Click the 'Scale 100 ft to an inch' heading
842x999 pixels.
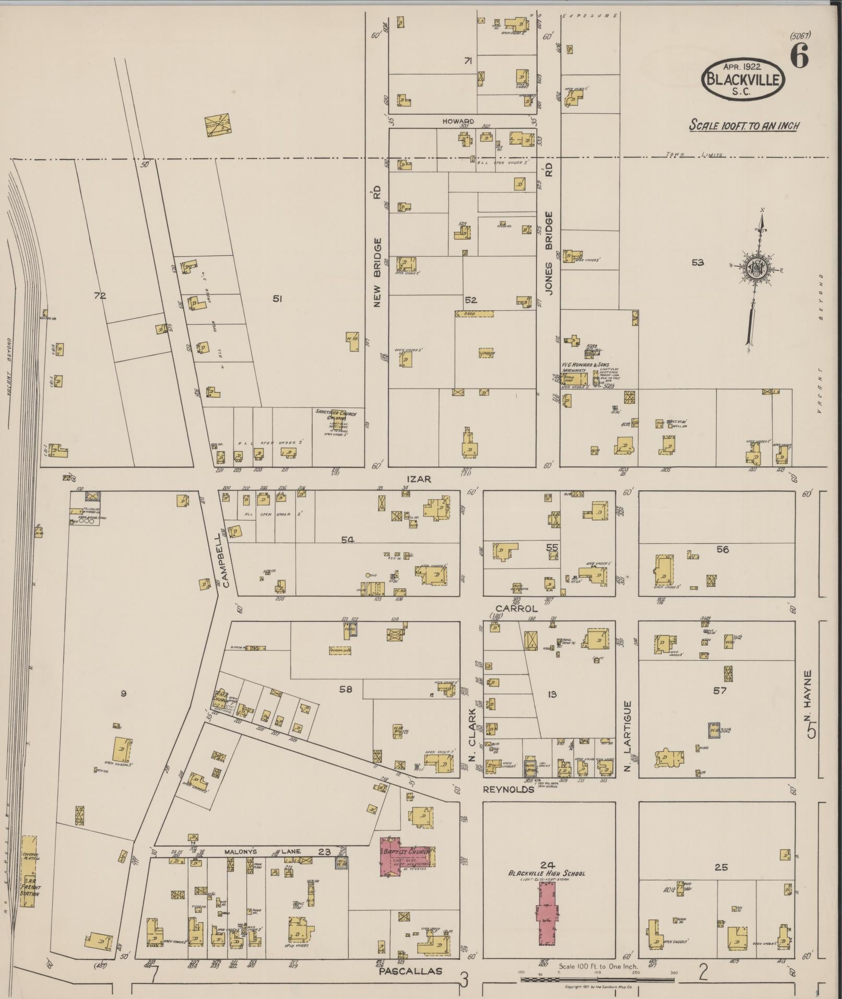point(744,125)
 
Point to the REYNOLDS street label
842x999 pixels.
point(508,790)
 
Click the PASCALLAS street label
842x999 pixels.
point(410,971)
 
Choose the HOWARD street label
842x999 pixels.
point(458,121)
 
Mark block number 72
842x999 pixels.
point(99,296)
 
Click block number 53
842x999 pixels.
point(697,263)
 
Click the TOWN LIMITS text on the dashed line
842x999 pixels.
point(694,155)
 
